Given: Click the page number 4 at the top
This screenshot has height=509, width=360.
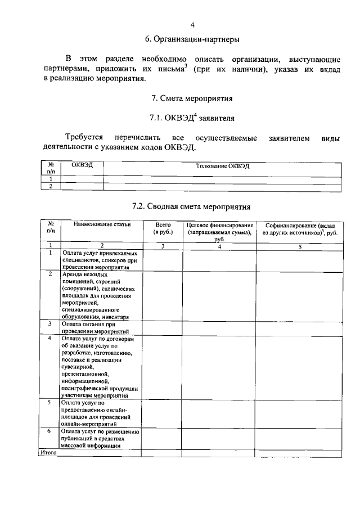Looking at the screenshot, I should pyautogui.click(x=192, y=25).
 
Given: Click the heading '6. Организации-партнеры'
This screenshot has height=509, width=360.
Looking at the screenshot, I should pyautogui.click(x=192, y=39).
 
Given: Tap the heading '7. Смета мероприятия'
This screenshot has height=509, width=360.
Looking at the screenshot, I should pyautogui.click(x=192, y=98).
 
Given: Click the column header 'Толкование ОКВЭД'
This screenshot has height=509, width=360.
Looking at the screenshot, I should pyautogui.click(x=222, y=166).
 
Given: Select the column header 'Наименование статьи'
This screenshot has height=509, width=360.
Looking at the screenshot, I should pyautogui.click(x=102, y=224).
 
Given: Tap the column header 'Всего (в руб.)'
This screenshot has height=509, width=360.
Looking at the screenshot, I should pyautogui.click(x=162, y=228).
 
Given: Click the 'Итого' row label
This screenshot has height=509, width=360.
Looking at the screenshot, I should pyautogui.click(x=48, y=452).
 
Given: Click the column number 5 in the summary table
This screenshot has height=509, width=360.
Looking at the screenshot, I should pyautogui.click(x=300, y=245).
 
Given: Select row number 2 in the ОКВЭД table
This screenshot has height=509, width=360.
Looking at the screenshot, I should pyautogui.click(x=51, y=186).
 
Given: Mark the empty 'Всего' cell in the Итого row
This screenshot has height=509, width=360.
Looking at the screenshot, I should pyautogui.click(x=162, y=452).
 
